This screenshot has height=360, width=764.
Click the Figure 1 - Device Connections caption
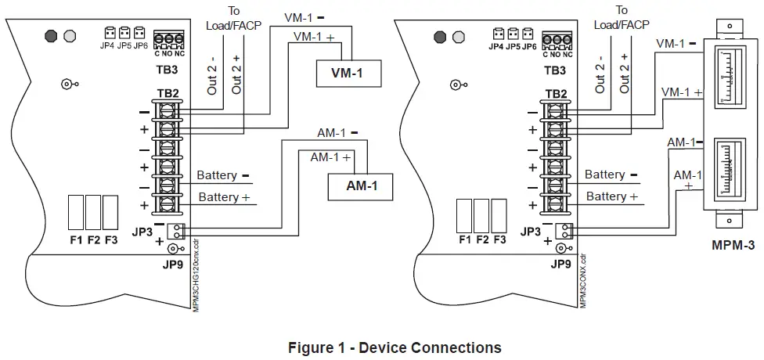(x=395, y=347)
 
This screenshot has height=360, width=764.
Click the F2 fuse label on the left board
(x=94, y=239)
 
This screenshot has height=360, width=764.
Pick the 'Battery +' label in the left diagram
(x=224, y=196)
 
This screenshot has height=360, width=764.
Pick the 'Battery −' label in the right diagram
(x=611, y=175)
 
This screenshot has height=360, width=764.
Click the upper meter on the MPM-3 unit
(x=733, y=75)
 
